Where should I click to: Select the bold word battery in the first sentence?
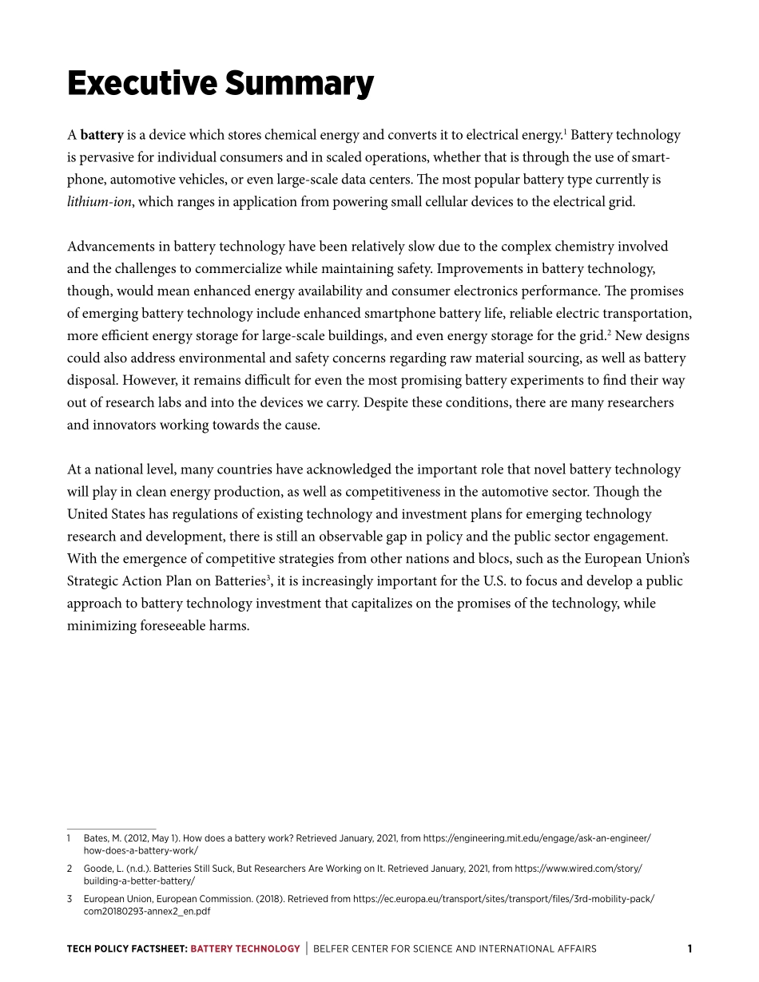tap(101, 135)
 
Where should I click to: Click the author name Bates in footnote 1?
tap(96, 838)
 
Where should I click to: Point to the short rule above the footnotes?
tap(112, 828)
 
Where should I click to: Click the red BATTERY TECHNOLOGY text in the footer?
tap(245, 949)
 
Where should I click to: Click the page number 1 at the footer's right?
tap(689, 949)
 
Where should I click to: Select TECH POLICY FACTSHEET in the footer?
tap(126, 949)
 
